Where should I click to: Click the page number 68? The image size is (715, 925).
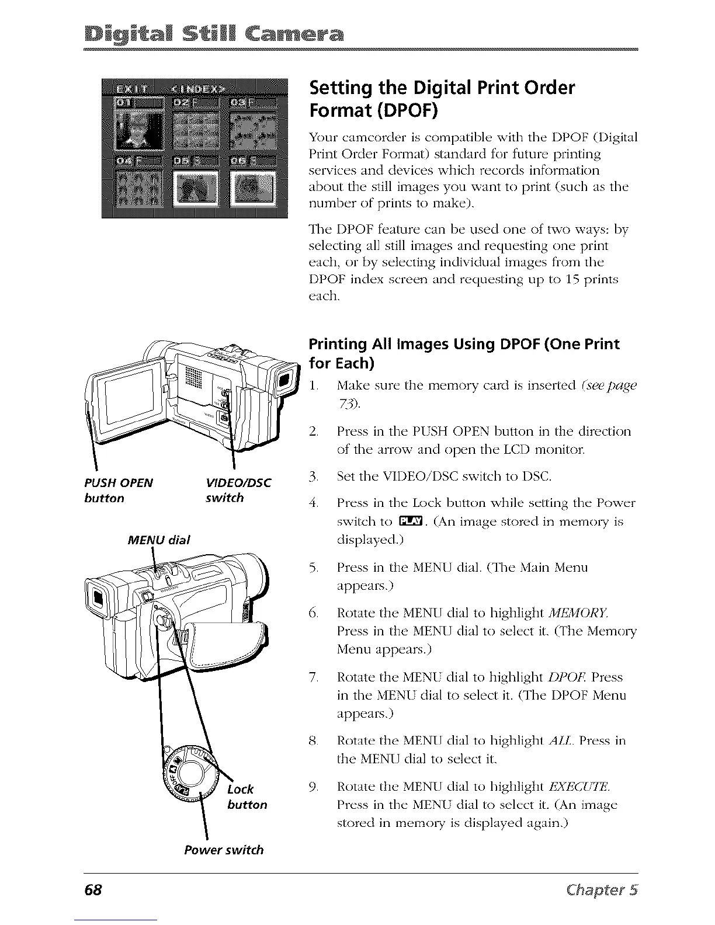pyautogui.click(x=93, y=890)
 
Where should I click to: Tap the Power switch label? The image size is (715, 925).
pyautogui.click(x=223, y=850)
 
